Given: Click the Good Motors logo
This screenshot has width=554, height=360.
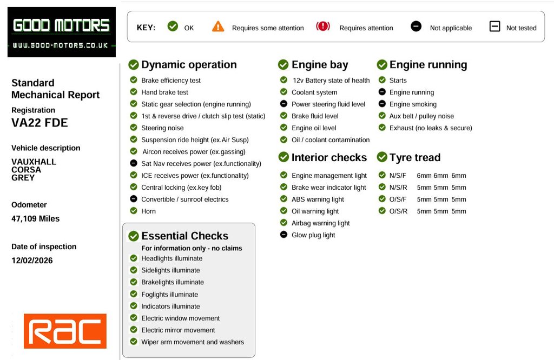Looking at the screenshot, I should (61, 32).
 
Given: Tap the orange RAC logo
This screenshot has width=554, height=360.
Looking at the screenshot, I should (65, 331).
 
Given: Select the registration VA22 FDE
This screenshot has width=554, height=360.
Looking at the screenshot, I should (39, 123).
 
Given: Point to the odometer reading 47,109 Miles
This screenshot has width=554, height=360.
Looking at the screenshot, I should (35, 219).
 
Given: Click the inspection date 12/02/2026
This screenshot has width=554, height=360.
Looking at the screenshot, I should (32, 261).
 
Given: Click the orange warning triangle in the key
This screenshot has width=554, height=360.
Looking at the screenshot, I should (218, 26).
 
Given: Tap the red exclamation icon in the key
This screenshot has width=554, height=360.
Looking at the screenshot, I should (323, 26).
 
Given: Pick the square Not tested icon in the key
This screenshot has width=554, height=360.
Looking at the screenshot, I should (494, 26).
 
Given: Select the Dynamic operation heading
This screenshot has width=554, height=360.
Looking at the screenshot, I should (189, 65).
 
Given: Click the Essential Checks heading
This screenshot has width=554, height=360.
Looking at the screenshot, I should (184, 236).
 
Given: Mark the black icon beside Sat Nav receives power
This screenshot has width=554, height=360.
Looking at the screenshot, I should (134, 163).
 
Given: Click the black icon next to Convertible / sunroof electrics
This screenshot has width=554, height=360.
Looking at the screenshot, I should (134, 199).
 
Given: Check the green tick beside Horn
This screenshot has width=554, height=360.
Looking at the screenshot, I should (134, 211).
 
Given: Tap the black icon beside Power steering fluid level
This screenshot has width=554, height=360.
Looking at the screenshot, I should (283, 104).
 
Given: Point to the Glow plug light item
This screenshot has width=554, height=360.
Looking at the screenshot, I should (313, 235).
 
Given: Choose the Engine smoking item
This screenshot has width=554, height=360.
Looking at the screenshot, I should (413, 104).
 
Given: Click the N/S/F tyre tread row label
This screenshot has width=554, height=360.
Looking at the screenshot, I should (398, 176).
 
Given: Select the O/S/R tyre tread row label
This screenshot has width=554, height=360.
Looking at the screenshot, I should (398, 211).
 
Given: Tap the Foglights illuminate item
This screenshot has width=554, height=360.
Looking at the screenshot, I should (169, 295).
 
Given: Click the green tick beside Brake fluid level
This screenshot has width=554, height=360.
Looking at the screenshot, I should (283, 116).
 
